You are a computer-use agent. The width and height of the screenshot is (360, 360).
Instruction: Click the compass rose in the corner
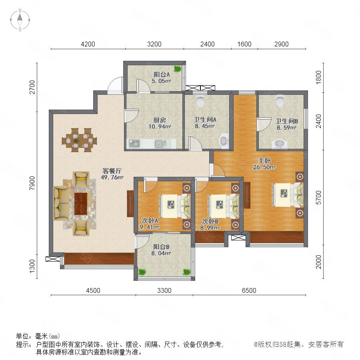point(20,20)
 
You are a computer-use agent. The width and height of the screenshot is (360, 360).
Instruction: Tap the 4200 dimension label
point(88,44)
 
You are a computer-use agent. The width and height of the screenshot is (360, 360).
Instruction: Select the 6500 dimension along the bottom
point(249,290)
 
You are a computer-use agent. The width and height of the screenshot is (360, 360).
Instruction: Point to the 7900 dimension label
point(32,183)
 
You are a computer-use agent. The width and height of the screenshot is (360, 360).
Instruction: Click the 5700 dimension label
point(318,198)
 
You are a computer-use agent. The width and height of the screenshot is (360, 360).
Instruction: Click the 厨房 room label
point(160,120)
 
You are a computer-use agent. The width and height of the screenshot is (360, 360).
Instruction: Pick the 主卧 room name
point(264,160)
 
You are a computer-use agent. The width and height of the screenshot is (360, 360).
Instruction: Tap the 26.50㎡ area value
point(264,167)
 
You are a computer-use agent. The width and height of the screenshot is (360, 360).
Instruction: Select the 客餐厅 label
point(112,171)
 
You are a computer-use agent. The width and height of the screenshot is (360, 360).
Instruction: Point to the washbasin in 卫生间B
point(280,144)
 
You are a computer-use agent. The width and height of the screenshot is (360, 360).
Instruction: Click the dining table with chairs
point(79,140)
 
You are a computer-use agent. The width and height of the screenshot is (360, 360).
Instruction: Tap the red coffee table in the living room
point(81,204)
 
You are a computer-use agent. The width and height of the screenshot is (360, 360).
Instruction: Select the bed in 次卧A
point(175,206)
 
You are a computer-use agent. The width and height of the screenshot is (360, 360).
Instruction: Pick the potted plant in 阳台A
point(177,69)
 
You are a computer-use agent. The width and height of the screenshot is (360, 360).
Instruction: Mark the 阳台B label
point(161,247)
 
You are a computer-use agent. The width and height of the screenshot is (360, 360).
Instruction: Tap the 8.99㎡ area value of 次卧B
point(210,228)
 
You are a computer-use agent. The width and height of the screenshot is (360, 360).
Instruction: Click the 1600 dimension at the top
point(244,44)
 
